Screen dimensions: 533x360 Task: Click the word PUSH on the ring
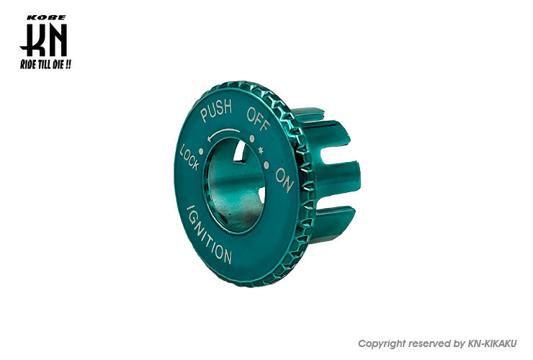point(216,110)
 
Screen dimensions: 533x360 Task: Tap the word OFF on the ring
point(259,120)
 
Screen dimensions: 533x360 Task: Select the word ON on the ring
point(285,180)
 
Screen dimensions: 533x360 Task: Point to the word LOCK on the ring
point(189,158)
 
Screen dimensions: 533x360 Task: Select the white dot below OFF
point(252,139)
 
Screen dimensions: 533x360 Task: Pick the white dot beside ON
point(266,166)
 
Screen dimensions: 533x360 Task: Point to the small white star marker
point(261,150)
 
